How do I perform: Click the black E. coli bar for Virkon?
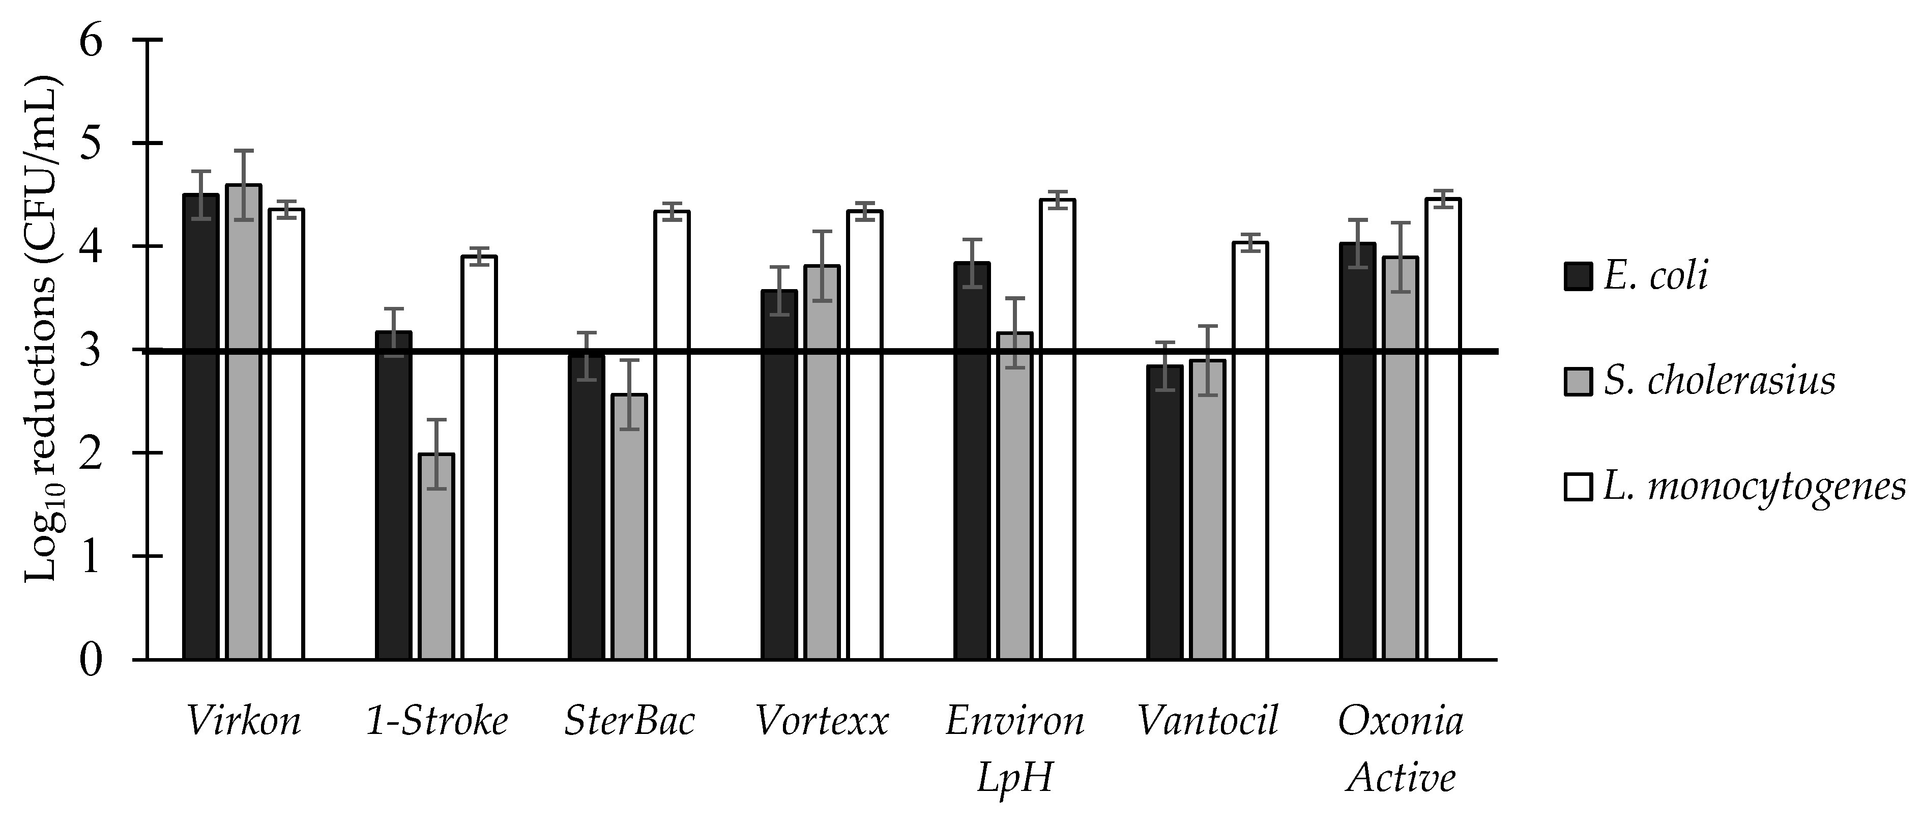pos(201,426)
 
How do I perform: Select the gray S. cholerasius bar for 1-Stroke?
pos(436,556)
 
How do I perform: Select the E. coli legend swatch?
pos(1578,276)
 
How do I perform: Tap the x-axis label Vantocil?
pos(1207,721)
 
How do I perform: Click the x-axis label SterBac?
pos(629,721)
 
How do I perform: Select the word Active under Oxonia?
pos(1401,778)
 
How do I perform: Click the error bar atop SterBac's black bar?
pos(587,356)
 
